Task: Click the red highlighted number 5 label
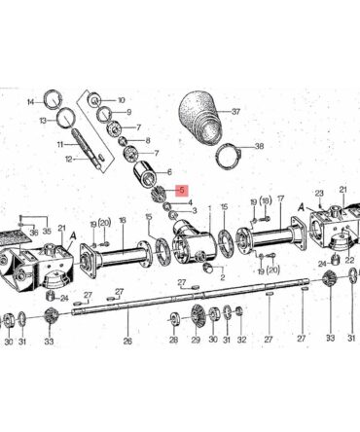tap(182, 191)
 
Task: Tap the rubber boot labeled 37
tap(202, 116)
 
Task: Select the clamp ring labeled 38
tap(228, 158)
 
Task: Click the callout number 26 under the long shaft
tap(127, 341)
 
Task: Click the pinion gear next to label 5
tap(159, 194)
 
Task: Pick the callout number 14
tap(31, 102)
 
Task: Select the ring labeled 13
tap(66, 118)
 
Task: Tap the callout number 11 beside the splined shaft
tap(60, 145)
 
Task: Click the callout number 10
tap(122, 100)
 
